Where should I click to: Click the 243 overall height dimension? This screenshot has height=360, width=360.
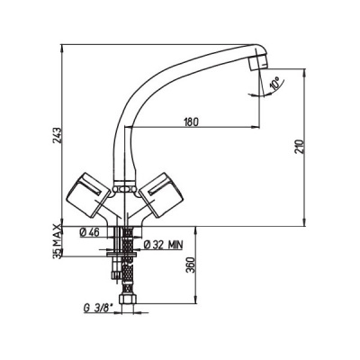coord(58,135)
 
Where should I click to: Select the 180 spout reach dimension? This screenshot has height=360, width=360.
coord(192,122)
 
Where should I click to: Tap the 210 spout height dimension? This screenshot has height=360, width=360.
coord(301,147)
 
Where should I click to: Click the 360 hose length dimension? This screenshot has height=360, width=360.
coord(191,265)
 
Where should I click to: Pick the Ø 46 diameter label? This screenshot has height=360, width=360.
coord(89,232)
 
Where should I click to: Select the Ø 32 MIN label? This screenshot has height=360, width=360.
coord(163,245)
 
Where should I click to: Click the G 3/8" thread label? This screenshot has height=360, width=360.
coord(96,309)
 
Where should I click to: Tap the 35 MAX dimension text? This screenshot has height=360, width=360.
coord(57,241)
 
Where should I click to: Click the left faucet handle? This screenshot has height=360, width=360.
coord(88,195)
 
